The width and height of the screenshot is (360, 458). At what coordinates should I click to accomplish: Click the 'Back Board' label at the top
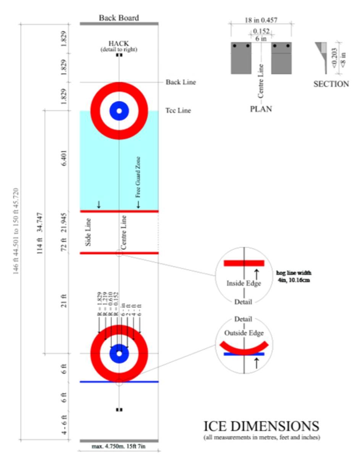(119, 18)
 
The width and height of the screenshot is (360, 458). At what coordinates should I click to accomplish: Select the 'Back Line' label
(181, 82)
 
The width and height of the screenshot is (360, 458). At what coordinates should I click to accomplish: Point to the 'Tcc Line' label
(178, 111)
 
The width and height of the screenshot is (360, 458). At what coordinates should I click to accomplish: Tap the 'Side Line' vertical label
(88, 232)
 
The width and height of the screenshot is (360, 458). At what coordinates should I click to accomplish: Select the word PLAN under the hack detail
(261, 108)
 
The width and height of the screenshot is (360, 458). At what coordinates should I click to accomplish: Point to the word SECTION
(331, 84)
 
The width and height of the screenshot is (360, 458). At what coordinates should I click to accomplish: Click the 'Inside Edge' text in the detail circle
(244, 284)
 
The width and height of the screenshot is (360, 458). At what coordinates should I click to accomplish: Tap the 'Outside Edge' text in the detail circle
(244, 333)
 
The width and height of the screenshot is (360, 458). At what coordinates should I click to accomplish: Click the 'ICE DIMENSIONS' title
(262, 426)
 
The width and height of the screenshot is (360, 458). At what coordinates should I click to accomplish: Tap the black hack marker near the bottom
(119, 410)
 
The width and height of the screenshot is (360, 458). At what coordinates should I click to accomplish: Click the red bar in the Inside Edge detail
(244, 263)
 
